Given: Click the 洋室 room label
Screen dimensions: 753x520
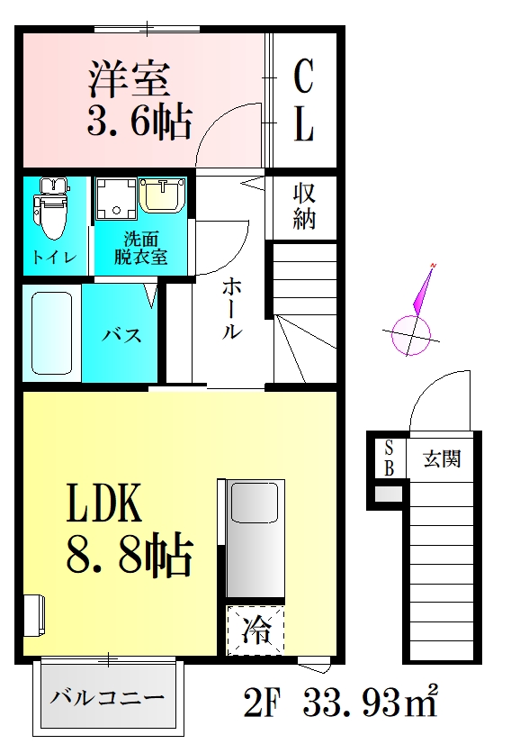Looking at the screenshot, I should pos(129,80).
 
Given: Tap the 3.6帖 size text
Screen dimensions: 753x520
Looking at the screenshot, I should pos(139,121).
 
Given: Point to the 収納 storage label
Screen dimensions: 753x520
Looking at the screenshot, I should pos(304,205).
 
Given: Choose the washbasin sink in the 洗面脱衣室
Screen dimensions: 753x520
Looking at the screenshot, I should pos(163,195).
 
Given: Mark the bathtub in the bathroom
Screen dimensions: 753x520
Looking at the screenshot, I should pos(50,332).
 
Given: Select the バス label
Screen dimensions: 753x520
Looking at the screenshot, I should pos(121,336).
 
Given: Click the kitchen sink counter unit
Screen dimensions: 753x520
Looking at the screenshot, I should pos(255,538).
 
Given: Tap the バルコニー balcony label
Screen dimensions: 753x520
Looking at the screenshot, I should pos(107,698).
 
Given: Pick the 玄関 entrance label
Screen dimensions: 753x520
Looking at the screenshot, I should pos(443,458).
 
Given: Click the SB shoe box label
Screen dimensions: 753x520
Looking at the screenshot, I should pos(390,458).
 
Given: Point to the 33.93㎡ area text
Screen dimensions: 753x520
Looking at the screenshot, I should pos(370,702).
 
